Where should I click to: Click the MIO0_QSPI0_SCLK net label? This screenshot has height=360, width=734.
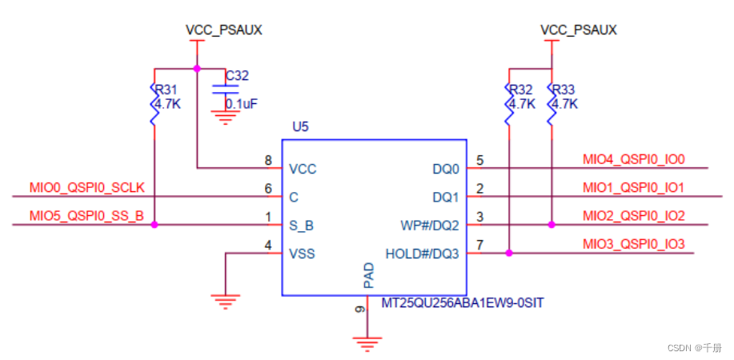click(x=86, y=188)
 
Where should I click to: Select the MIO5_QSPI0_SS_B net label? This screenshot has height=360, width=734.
click(x=86, y=216)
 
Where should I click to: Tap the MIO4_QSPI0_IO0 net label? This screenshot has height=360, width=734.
click(x=634, y=159)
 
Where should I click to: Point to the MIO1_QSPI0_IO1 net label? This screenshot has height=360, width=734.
click(x=634, y=187)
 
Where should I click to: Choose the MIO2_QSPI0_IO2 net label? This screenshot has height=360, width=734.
click(x=634, y=216)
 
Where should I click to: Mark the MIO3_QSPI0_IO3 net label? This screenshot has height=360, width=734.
click(x=634, y=244)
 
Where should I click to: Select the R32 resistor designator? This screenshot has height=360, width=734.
click(x=521, y=90)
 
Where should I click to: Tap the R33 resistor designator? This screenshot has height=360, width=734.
click(x=564, y=90)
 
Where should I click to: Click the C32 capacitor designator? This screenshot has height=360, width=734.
click(x=237, y=76)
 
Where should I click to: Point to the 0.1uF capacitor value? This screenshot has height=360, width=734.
click(x=240, y=104)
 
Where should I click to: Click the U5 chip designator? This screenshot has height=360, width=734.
click(x=300, y=127)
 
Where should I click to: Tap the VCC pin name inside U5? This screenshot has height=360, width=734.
click(x=302, y=169)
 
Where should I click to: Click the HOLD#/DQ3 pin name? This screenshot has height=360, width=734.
click(x=423, y=254)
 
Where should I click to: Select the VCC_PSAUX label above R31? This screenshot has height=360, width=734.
click(x=223, y=30)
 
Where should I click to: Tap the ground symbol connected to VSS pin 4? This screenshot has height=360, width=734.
click(x=226, y=302)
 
